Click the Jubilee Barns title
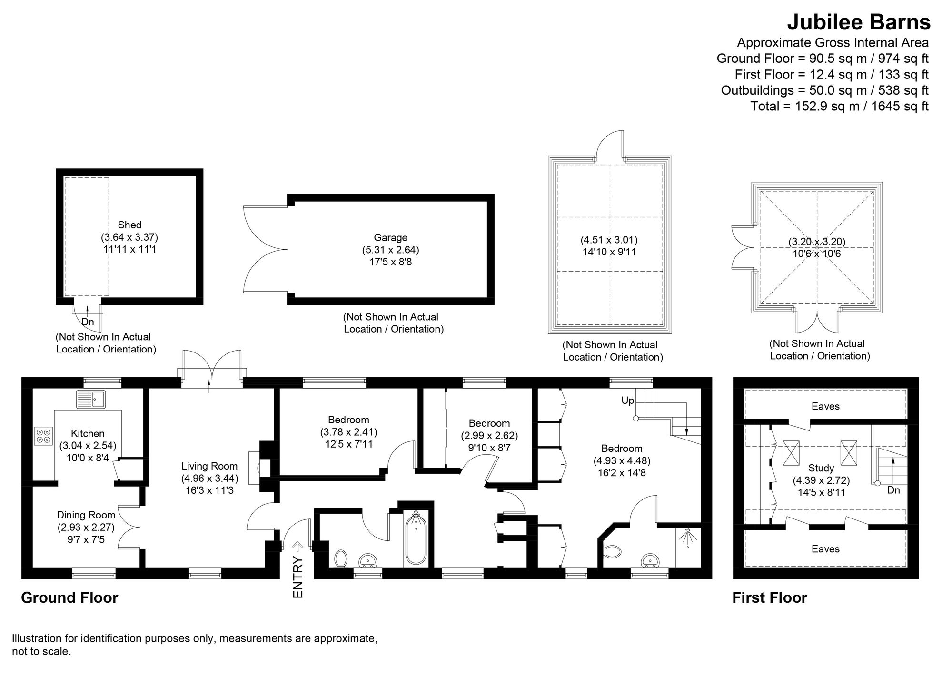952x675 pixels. [858, 22]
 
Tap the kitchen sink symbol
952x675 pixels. [91, 399]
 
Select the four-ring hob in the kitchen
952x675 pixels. [43, 436]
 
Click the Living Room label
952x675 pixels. [209, 466]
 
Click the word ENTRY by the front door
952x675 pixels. [298, 577]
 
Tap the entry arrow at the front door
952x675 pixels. [298, 545]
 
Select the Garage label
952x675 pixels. [390, 237]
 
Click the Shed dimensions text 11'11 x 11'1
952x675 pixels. [129, 249]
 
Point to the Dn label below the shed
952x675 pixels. [88, 322]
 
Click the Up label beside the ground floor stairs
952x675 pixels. [627, 401]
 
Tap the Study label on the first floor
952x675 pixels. [821, 468]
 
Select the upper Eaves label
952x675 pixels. [825, 406]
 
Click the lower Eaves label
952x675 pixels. [825, 549]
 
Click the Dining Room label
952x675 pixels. [86, 515]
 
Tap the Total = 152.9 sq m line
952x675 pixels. [839, 106]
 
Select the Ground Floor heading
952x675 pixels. [69, 597]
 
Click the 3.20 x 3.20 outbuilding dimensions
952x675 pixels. [817, 242]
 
